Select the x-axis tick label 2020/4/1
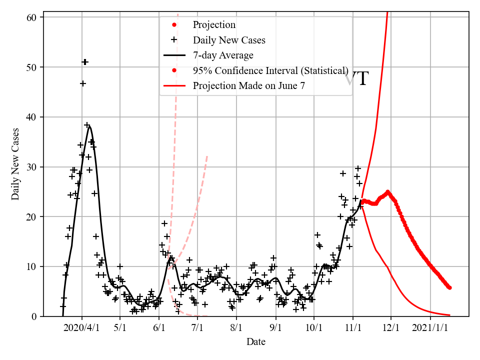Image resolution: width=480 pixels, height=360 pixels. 82,328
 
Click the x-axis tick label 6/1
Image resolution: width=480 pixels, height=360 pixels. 159,328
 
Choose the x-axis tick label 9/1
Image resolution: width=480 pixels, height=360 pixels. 275,328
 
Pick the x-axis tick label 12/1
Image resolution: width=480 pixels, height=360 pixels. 391,328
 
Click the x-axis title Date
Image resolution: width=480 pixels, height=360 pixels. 255,342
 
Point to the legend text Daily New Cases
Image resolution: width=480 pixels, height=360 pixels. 229,40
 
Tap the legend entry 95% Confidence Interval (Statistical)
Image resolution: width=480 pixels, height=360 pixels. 270,70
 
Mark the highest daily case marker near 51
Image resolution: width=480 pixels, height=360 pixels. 85,62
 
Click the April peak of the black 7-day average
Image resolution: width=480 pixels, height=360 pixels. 89,126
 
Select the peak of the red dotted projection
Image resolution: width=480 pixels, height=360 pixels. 387,191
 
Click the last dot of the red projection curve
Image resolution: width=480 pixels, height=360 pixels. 449,287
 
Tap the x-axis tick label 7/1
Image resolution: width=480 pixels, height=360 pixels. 197,328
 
